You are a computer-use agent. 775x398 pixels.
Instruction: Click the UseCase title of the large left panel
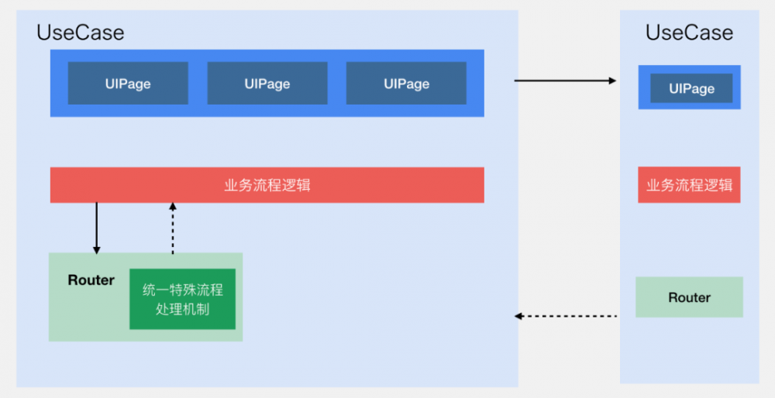click(80, 33)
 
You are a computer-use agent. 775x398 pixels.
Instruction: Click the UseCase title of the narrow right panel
click(689, 33)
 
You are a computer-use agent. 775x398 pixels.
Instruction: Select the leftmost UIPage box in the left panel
click(128, 84)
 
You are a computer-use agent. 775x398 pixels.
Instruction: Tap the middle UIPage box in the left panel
click(267, 84)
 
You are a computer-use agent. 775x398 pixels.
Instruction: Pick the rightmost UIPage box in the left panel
click(406, 84)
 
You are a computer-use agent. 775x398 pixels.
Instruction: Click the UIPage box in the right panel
click(691, 88)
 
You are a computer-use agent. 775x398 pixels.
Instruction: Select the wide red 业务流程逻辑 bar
click(267, 185)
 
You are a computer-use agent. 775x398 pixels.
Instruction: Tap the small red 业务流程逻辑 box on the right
click(689, 185)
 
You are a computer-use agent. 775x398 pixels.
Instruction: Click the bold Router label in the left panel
click(91, 280)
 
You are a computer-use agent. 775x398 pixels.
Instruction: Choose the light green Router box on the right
click(689, 297)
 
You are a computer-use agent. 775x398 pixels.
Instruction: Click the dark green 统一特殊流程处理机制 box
click(183, 300)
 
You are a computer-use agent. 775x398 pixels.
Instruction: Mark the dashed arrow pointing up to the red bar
click(173, 228)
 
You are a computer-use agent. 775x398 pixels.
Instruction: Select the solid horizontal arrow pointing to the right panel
click(565, 80)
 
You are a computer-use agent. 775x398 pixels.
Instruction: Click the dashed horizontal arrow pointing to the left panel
click(566, 316)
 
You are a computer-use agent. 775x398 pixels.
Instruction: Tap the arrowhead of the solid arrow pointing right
click(612, 80)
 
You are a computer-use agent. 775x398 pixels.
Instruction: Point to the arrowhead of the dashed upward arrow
click(173, 207)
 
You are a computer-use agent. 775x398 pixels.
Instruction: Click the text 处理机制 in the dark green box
click(183, 309)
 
